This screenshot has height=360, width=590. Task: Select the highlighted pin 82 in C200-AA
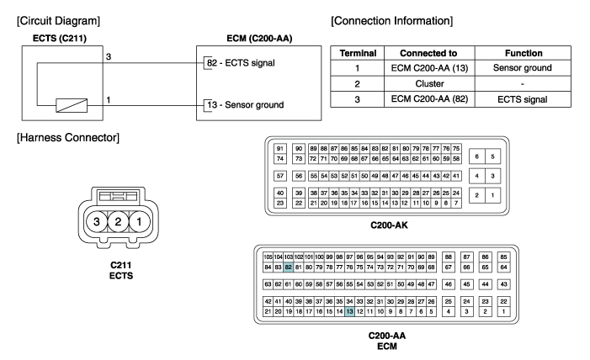(x=289, y=267)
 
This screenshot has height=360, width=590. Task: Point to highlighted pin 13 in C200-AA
(x=349, y=311)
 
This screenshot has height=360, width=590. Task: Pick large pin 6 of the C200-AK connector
(x=477, y=156)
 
